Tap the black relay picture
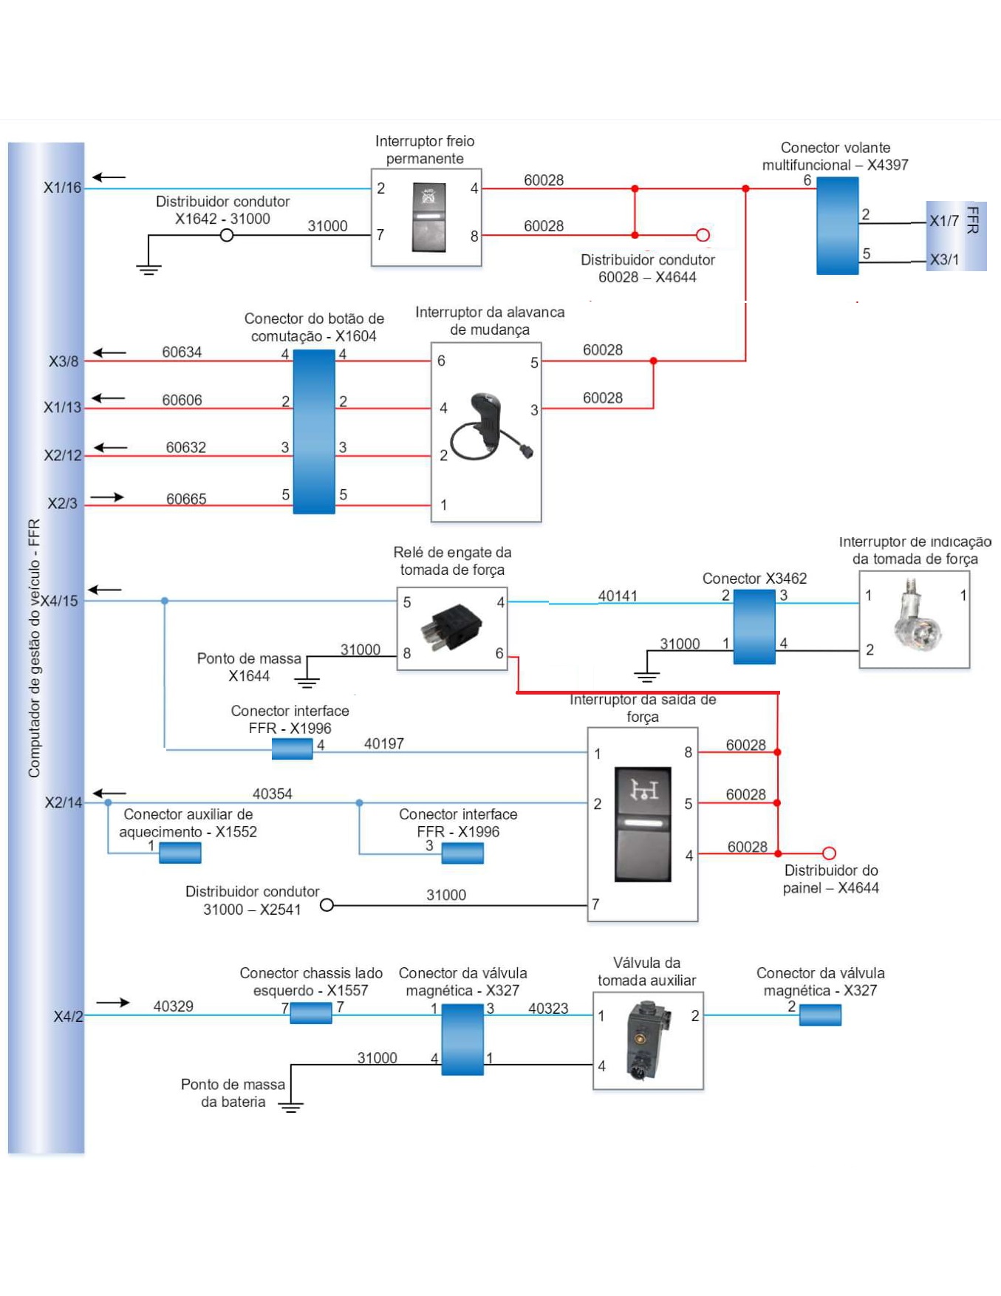(451, 627)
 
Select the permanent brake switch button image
(428, 217)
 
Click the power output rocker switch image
(643, 824)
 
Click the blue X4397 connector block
(837, 226)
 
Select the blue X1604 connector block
(314, 432)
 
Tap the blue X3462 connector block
(754, 627)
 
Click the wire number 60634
(182, 352)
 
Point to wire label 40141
(618, 596)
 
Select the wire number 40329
(174, 1006)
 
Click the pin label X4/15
(59, 601)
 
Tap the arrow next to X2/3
(107, 497)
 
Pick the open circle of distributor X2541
(327, 904)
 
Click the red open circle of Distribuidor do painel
(829, 853)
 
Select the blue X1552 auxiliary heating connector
(180, 853)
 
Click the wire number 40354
(273, 794)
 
